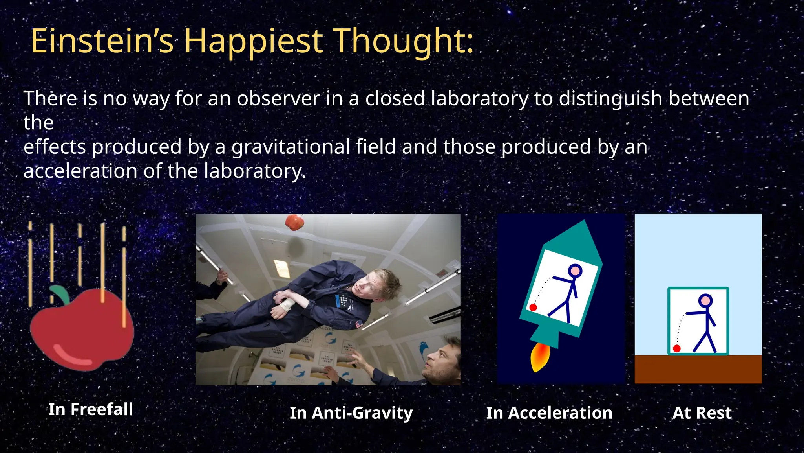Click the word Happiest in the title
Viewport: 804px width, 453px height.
[x=254, y=42]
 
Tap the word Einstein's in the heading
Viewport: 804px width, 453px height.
[x=102, y=41]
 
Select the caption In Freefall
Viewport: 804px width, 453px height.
[x=91, y=409]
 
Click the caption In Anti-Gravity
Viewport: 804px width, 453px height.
[x=351, y=413]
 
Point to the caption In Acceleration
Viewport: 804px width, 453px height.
[x=549, y=413]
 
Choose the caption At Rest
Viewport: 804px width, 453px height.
[x=702, y=413]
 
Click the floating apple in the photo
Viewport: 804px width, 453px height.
[x=294, y=222]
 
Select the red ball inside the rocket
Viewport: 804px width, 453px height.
[x=533, y=308]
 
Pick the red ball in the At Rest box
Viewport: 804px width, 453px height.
[x=677, y=348]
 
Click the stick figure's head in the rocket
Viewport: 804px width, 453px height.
[x=575, y=271]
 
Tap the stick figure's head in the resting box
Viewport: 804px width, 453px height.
[x=705, y=301]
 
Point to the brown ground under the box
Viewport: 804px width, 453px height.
[x=698, y=370]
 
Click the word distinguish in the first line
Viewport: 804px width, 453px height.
[x=610, y=98]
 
